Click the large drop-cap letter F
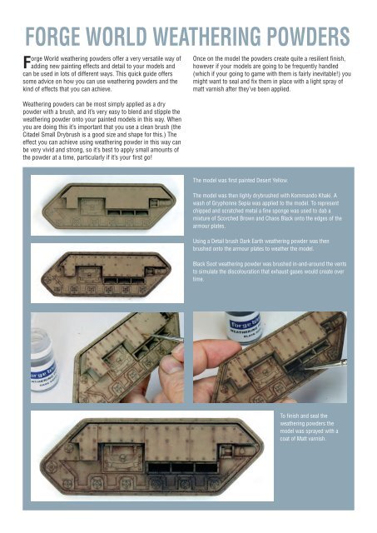[x=26, y=61]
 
